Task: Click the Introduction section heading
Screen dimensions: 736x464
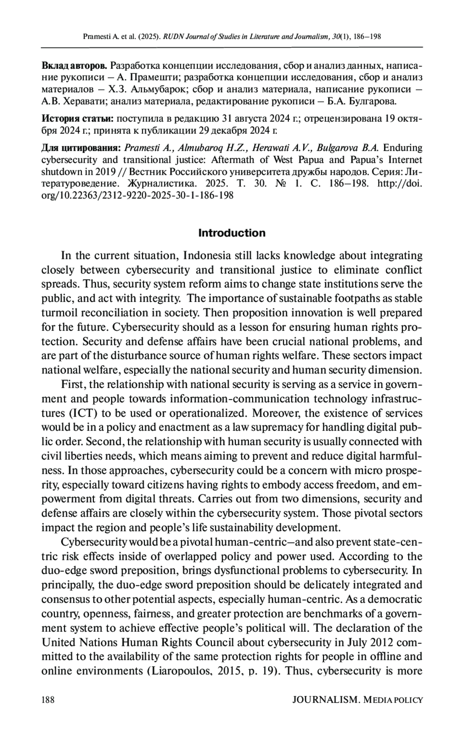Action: (232, 233)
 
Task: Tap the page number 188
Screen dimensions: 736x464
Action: (48, 699)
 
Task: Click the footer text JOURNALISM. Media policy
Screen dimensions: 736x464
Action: (358, 699)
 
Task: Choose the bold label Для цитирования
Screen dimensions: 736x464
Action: (82, 148)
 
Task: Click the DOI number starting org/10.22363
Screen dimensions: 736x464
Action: (137, 195)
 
